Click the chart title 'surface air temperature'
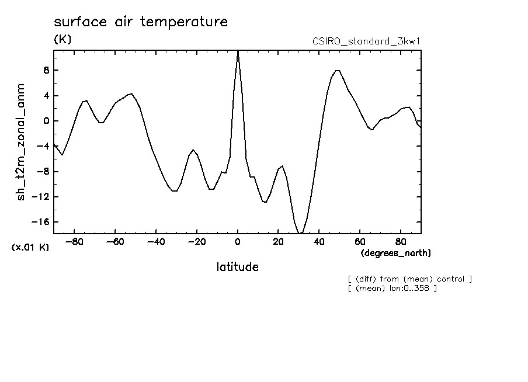click(140, 22)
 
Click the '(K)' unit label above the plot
click(62, 40)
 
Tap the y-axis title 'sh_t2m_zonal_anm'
click(21, 142)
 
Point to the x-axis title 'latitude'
click(237, 267)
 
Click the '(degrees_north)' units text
click(396, 253)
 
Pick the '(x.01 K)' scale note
click(30, 247)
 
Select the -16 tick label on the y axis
click(39, 222)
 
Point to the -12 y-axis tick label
click(39, 197)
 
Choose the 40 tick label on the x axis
click(319, 242)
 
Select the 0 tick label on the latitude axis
click(238, 242)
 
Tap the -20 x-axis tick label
click(197, 242)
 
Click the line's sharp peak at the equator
click(238, 51)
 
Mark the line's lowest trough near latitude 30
click(300, 233)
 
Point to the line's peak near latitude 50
click(337, 71)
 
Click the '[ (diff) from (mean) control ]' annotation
click(409, 279)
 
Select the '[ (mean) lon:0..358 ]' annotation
click(392, 288)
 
